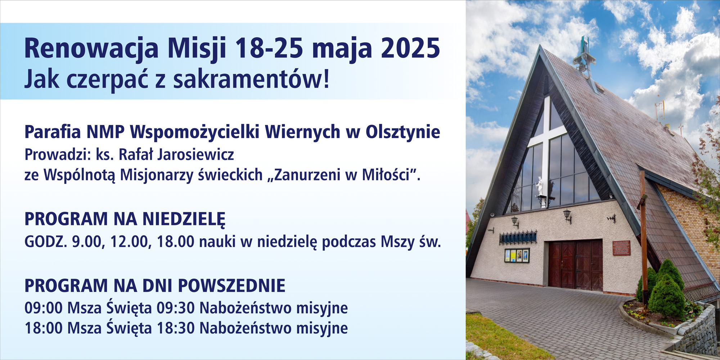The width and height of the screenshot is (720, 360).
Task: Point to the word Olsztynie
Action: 403,132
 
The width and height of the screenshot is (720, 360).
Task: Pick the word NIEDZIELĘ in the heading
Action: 184,219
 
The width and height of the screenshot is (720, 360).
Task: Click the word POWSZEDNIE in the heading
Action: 232,286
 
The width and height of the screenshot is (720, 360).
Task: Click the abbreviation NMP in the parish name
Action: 105,132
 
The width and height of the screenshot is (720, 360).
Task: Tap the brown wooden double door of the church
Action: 576,265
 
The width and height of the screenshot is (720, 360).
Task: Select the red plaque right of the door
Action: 621,248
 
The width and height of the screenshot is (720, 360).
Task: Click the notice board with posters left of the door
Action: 517,256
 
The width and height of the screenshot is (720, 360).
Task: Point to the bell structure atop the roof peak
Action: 582,58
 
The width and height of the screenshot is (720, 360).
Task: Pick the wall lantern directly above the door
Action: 568,216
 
